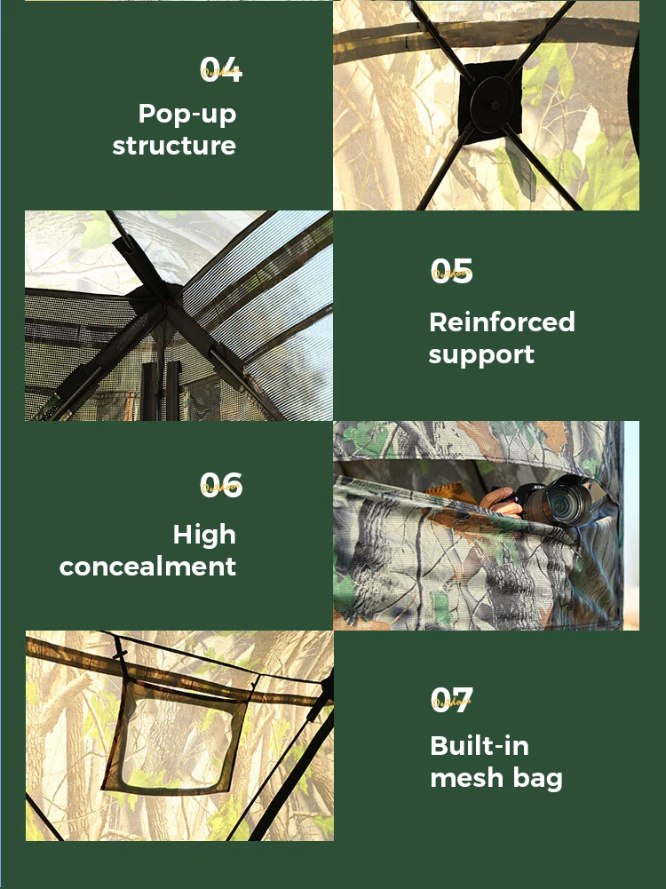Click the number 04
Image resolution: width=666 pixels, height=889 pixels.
point(221,69)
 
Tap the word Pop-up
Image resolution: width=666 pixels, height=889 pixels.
point(187,114)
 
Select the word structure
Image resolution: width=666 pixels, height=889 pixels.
point(174,146)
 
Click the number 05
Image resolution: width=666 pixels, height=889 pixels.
point(451,271)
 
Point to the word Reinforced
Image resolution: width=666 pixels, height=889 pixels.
point(502,321)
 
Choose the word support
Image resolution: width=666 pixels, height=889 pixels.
point(481,354)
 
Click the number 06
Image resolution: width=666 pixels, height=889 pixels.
point(221,484)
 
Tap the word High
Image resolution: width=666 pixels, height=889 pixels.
point(204,535)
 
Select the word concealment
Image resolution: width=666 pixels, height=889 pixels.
point(147,567)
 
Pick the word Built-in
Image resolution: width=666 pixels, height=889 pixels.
point(480,746)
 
